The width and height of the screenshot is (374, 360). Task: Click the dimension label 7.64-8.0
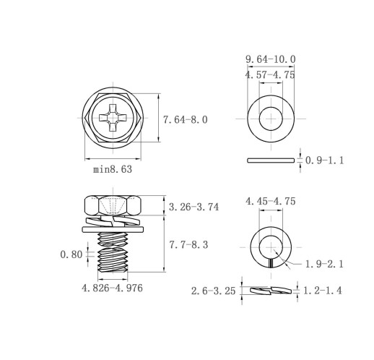[186, 120]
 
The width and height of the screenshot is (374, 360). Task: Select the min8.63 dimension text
[113, 169]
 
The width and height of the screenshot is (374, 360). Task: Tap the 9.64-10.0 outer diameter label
[271, 59]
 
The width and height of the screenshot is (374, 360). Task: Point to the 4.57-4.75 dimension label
[270, 75]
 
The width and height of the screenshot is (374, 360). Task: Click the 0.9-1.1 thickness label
[325, 160]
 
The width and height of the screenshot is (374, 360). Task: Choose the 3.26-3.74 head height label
[193, 207]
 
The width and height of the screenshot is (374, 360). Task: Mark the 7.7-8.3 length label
[188, 245]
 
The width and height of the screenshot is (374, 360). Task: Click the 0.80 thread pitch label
[71, 254]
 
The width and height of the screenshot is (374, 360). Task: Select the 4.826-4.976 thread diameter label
[112, 288]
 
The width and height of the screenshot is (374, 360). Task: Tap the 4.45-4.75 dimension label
[271, 201]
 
